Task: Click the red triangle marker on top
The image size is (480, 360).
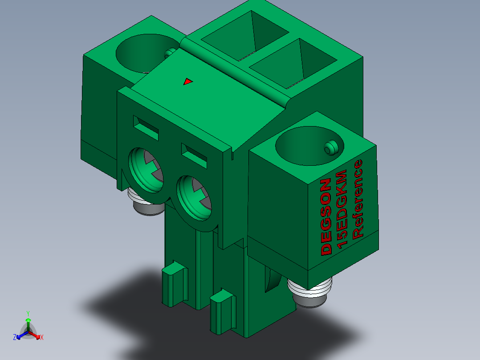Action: tap(187, 82)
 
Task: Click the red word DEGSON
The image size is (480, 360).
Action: tap(326, 217)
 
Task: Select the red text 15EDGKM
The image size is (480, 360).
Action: tap(342, 209)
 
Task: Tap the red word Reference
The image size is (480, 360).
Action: tap(358, 200)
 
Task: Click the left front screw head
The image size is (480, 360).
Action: tap(146, 170)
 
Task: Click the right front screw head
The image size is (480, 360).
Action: tap(195, 198)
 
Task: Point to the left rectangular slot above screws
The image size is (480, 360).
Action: tap(146, 127)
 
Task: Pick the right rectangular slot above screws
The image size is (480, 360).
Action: tap(194, 155)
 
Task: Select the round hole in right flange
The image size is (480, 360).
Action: tap(309, 146)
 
